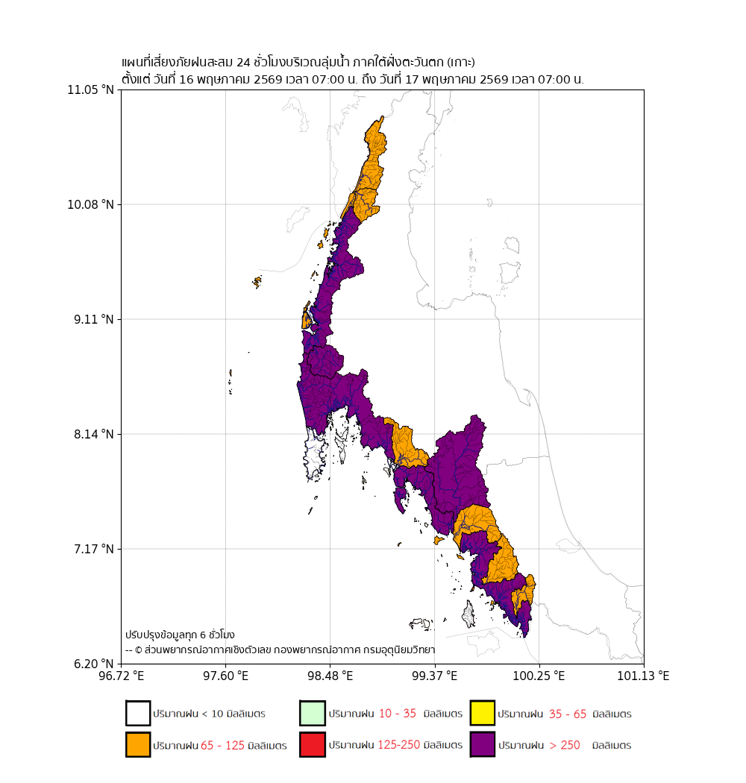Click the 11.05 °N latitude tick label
[91, 90]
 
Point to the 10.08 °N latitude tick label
[91, 205]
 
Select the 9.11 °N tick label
[94, 320]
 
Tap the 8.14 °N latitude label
[94, 435]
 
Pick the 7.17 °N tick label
[94, 550]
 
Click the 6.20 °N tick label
[94, 664]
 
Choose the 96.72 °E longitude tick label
[122, 676]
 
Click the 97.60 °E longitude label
[226, 676]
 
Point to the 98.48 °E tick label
[330, 676]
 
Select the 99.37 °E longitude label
[435, 676]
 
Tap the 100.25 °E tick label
[539, 676]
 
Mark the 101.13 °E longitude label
[644, 676]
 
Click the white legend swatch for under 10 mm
[138, 713]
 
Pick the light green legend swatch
[313, 713]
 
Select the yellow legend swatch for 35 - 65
[482, 713]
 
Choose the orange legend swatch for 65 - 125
[138, 744]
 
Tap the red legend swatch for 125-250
[313, 744]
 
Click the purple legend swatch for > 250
[482, 744]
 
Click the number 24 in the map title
[243, 63]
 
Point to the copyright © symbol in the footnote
[139, 650]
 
